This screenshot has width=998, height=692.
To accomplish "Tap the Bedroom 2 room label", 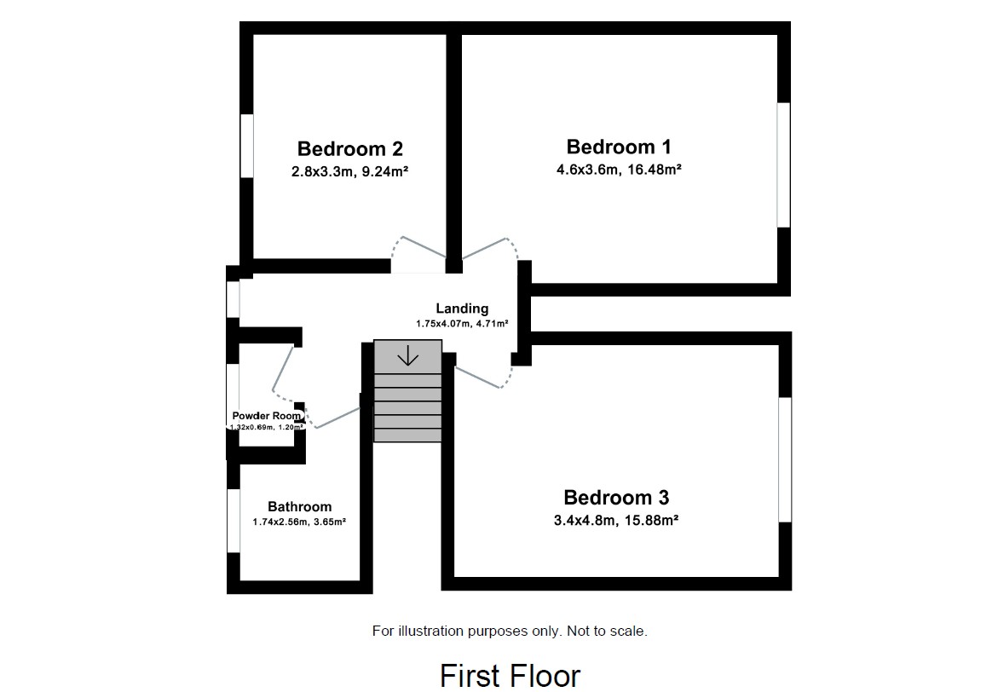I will (x=349, y=149).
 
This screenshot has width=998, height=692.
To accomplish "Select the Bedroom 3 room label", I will (x=616, y=498).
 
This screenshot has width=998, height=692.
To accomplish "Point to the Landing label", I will (x=462, y=309).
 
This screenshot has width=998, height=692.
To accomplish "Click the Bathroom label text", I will (x=299, y=506).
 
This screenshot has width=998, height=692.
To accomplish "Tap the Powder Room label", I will (x=267, y=416).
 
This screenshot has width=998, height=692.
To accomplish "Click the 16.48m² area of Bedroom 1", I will (x=650, y=170).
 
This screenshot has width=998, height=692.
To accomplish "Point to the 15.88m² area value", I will (x=649, y=520).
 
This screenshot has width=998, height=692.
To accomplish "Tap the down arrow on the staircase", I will (x=408, y=355).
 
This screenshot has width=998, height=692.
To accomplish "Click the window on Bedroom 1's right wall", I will (x=782, y=164).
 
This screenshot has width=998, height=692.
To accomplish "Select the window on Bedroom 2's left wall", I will (x=247, y=146).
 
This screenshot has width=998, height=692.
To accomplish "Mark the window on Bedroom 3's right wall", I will (x=784, y=458).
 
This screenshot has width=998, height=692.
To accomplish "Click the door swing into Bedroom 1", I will (x=492, y=249).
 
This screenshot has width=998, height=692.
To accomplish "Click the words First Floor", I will (x=510, y=675).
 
